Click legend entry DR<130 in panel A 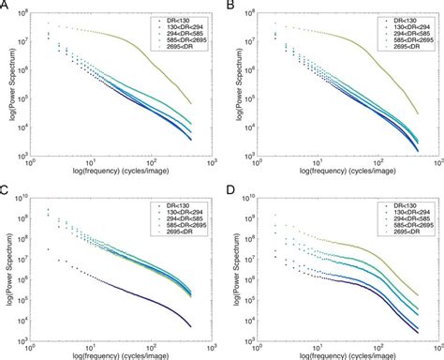185,19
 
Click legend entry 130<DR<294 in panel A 183,25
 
